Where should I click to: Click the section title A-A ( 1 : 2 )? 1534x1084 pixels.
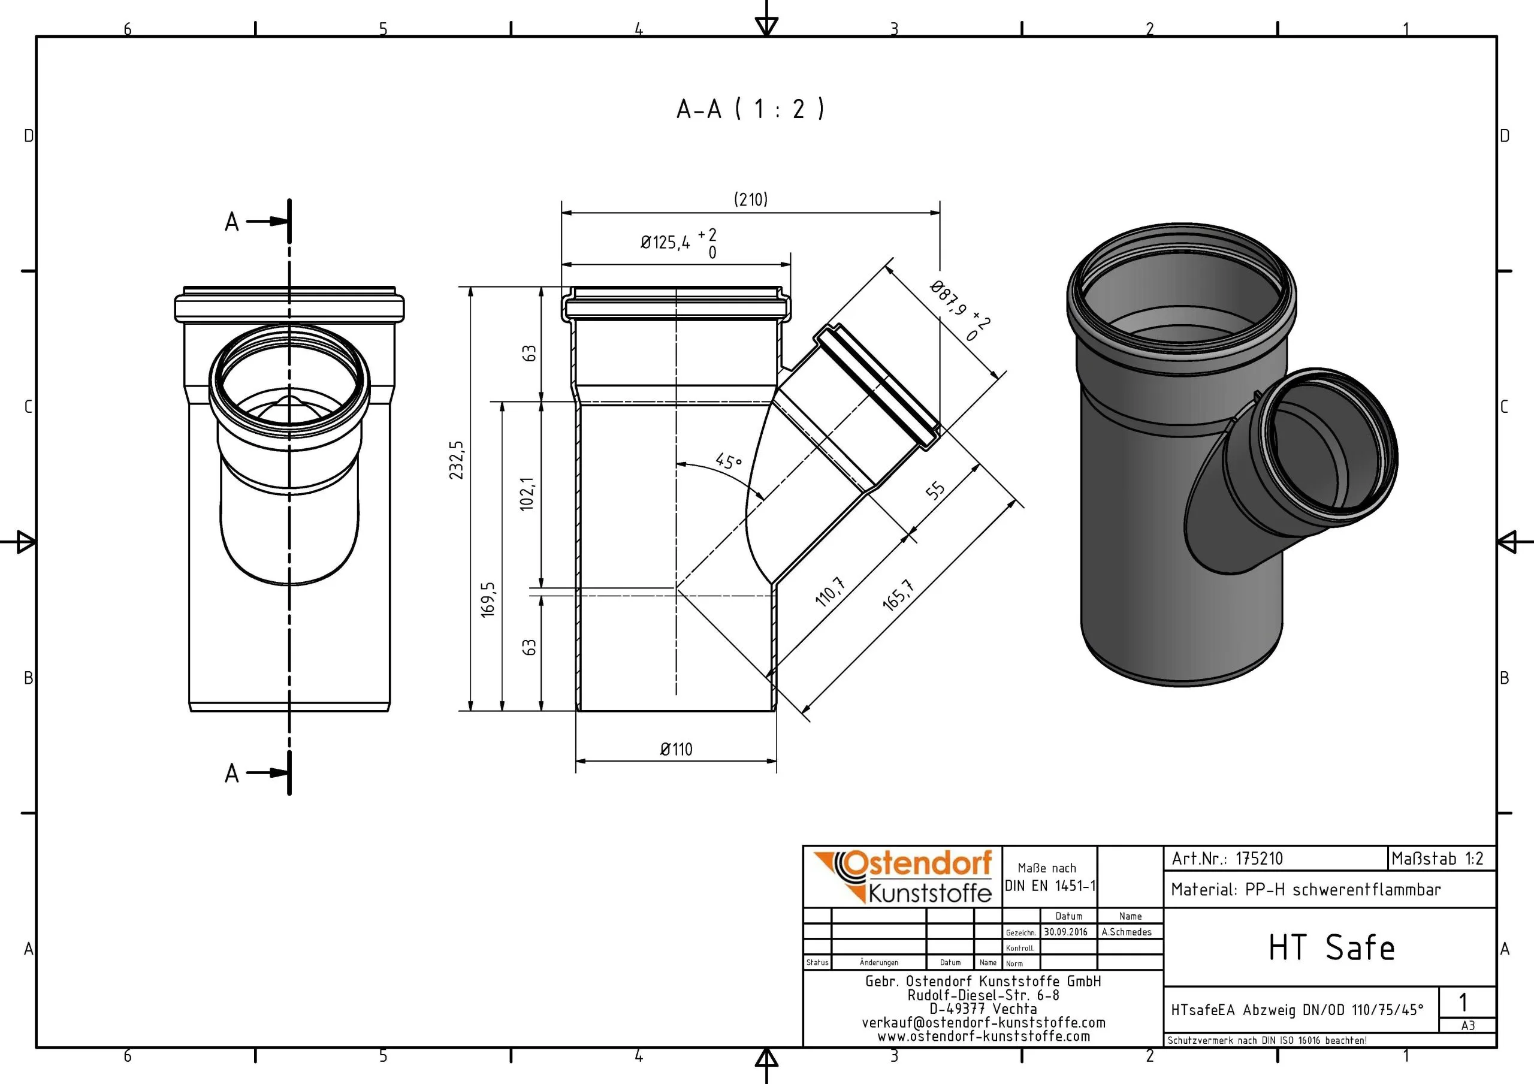pos(750,109)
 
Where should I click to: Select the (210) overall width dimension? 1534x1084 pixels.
pos(751,199)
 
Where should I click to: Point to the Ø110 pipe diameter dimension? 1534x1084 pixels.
pos(676,749)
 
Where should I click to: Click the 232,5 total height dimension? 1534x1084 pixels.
pos(457,460)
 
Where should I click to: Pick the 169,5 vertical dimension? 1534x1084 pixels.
pos(488,599)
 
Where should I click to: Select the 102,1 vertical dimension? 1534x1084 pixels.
pos(528,494)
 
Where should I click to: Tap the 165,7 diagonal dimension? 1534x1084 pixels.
pos(898,594)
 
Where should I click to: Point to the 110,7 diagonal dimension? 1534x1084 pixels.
pos(831,591)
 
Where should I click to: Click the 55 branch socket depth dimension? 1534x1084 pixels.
pos(935,491)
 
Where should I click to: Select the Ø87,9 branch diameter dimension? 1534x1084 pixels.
pos(960,311)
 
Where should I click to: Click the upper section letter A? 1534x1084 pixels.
pos(232,222)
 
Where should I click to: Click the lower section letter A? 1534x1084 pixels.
pos(232,773)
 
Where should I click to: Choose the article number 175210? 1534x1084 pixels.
pos(1259,859)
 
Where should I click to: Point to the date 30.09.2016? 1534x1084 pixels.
pos(1065,932)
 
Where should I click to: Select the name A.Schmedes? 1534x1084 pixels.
pos(1127,932)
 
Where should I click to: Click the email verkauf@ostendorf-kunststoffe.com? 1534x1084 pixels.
pos(983,1022)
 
